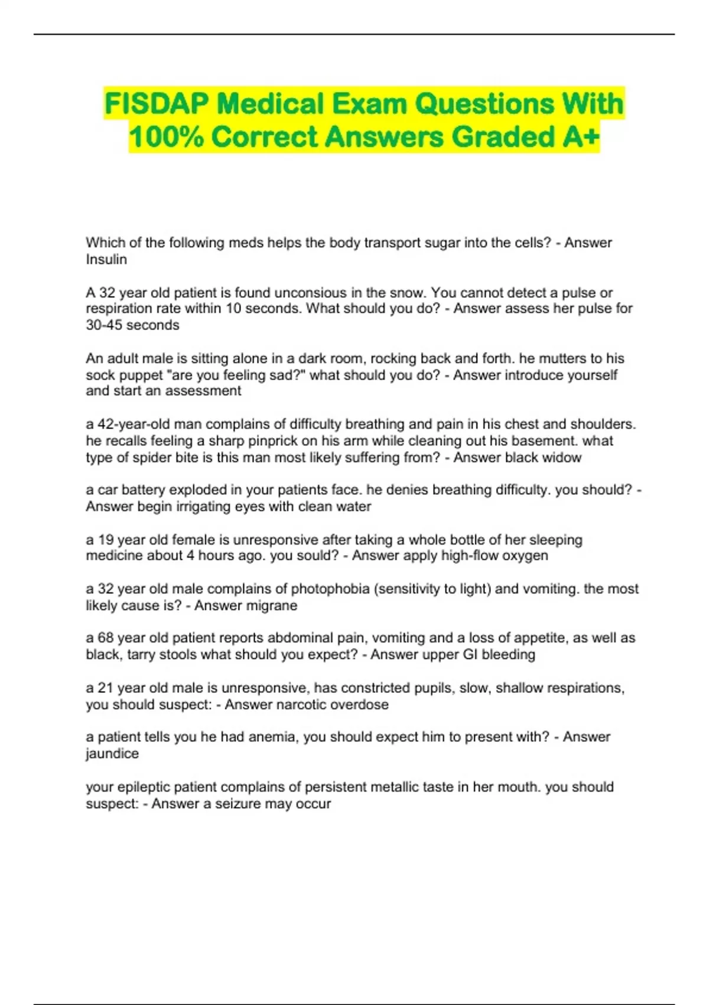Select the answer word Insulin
tap(106, 260)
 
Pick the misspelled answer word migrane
tap(274, 605)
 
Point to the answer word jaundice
tap(112, 754)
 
